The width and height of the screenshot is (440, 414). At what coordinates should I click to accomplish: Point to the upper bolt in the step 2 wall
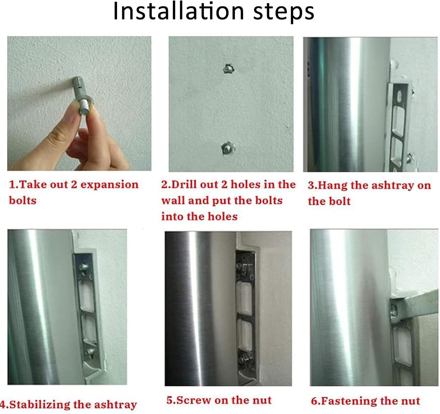coord(229,69)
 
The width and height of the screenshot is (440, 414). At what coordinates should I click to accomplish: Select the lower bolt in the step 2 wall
coord(228,148)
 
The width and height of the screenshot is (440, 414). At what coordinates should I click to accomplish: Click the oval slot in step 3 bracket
coord(400,96)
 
